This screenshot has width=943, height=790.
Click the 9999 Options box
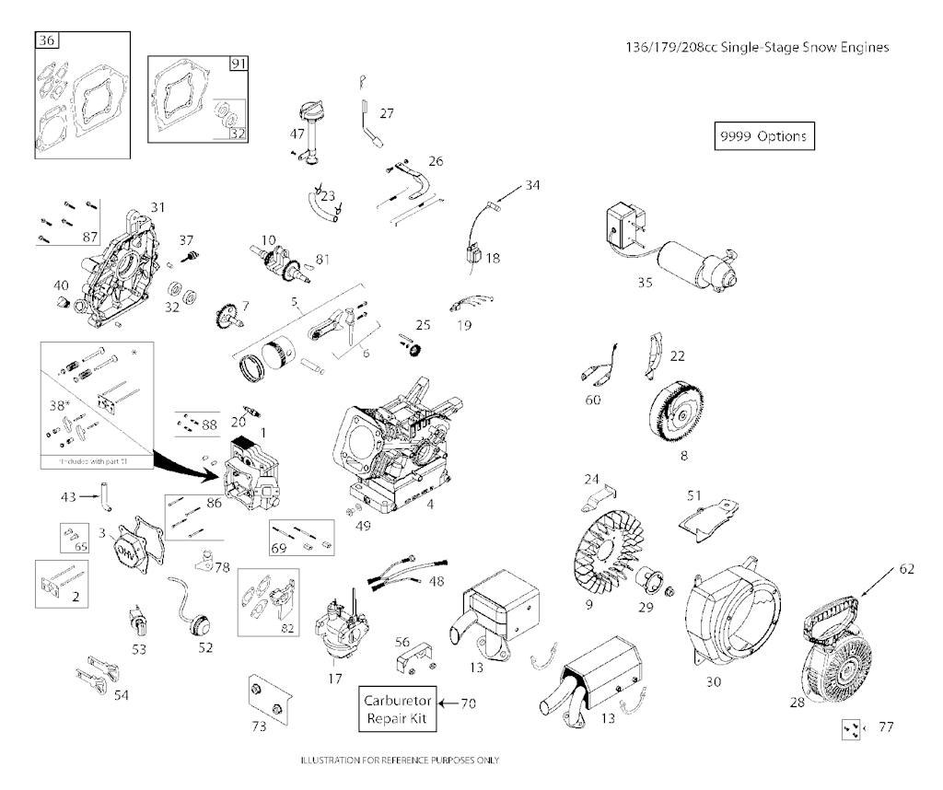tap(763, 136)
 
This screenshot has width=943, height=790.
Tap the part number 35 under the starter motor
tap(645, 283)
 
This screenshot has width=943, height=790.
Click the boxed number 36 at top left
tap(46, 40)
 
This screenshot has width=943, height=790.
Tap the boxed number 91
tap(239, 64)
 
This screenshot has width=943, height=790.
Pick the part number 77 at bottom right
tap(886, 728)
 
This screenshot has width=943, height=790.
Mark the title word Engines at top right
tap(861, 48)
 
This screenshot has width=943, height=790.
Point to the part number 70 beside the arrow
tap(469, 703)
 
